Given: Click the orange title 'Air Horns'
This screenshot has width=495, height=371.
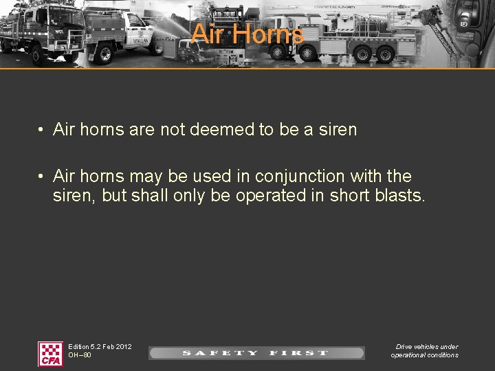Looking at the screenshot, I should click(x=247, y=34).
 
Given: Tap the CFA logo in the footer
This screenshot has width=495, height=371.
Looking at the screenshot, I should click(x=50, y=353).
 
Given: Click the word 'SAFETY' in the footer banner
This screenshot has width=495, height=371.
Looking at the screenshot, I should click(x=220, y=353).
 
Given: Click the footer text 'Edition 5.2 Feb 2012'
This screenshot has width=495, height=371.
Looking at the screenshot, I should click(x=100, y=347).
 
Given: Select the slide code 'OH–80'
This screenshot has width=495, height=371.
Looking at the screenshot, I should click(x=80, y=355).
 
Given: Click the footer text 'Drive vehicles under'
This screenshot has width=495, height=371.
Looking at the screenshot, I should click(x=426, y=347).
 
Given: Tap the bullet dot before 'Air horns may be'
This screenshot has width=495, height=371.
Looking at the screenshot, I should click(x=42, y=177).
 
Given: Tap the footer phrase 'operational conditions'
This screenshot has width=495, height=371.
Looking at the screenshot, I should click(x=424, y=355).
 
